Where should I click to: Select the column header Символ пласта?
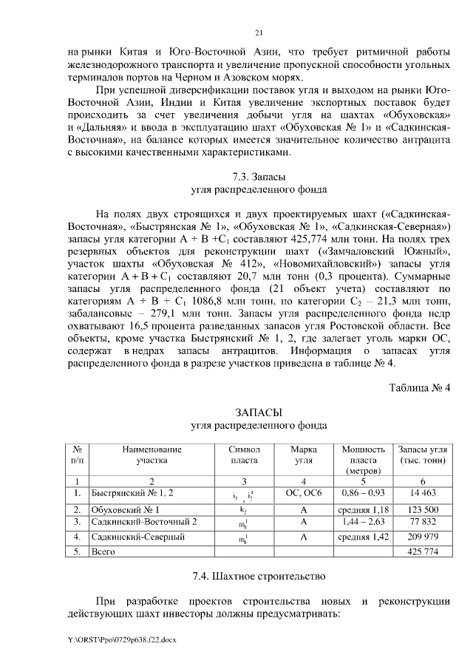pos(244,454)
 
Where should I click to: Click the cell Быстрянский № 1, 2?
pos(128,492)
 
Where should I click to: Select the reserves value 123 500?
pos(421,509)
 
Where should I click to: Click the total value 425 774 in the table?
pos(421,551)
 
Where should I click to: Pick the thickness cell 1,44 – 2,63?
pos(363,522)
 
